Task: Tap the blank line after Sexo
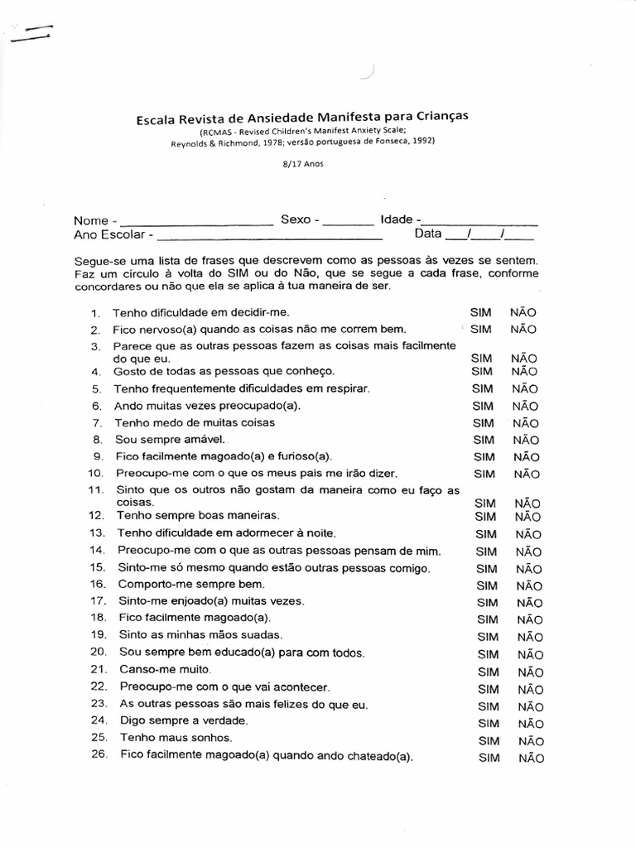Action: [348, 222]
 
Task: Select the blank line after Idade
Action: [479, 222]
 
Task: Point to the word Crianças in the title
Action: [434, 117]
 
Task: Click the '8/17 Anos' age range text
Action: [302, 163]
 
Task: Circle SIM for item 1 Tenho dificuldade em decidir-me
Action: [480, 312]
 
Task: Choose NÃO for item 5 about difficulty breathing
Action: [524, 388]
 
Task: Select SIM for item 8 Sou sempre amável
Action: [483, 440]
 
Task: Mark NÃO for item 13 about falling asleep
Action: [528, 535]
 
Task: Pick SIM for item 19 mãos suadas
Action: [488, 638]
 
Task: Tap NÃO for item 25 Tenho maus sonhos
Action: [531, 741]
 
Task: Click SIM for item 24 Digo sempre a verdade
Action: [489, 724]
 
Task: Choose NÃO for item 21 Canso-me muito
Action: [530, 672]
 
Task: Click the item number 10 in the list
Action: [95, 473]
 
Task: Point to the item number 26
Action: [99, 754]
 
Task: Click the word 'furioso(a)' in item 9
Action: [303, 456]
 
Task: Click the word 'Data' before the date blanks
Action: [428, 234]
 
